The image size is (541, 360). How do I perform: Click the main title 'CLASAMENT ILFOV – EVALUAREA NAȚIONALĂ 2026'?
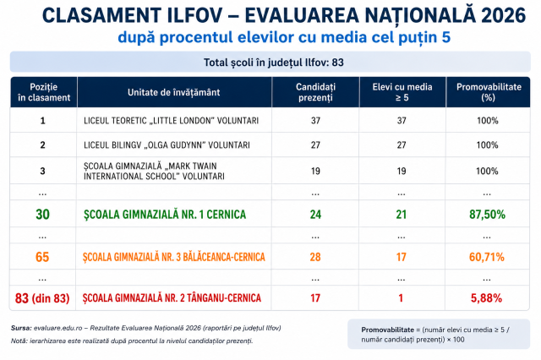click(x=284, y=15)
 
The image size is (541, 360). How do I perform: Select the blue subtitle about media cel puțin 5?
click(x=284, y=37)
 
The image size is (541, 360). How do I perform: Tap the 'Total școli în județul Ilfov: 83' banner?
click(x=273, y=63)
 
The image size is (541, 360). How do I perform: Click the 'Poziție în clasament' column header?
click(x=44, y=92)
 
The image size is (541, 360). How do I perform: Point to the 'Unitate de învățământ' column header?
click(x=173, y=92)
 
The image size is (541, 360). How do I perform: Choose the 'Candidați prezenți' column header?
click(x=315, y=92)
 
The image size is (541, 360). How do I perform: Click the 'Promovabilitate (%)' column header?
click(x=489, y=92)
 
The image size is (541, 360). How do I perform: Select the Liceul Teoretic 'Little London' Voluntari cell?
click(x=171, y=121)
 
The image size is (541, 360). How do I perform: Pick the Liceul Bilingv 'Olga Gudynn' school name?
click(x=167, y=145)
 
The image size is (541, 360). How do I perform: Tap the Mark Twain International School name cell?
click(x=154, y=171)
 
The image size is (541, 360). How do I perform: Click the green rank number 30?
click(x=43, y=215)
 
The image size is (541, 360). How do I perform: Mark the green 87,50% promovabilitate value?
click(x=487, y=215)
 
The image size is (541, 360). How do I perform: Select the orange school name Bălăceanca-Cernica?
click(x=174, y=257)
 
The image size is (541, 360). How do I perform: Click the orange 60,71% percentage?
click(x=487, y=257)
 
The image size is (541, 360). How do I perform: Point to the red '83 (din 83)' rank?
click(x=42, y=298)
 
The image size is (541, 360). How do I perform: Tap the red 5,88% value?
click(x=486, y=298)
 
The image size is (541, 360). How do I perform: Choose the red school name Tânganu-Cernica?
click(x=172, y=298)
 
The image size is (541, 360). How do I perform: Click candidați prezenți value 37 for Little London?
click(x=315, y=121)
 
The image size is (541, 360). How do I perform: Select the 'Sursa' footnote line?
click(x=146, y=328)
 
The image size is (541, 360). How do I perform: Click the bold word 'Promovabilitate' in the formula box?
click(x=387, y=330)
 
